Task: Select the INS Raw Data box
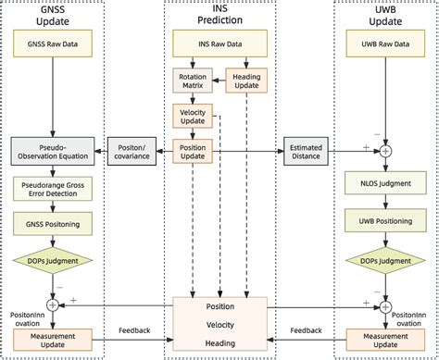coord(219,43)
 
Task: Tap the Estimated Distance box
coord(307,150)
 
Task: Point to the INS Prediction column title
coord(219,14)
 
